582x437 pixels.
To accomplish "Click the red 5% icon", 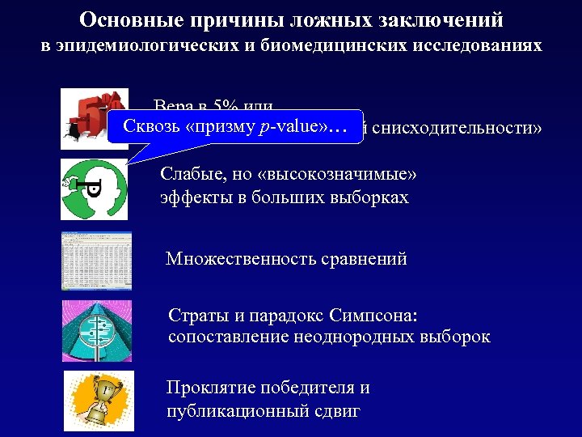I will [95, 118].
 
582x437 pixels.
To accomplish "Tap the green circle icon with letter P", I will [94, 189].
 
